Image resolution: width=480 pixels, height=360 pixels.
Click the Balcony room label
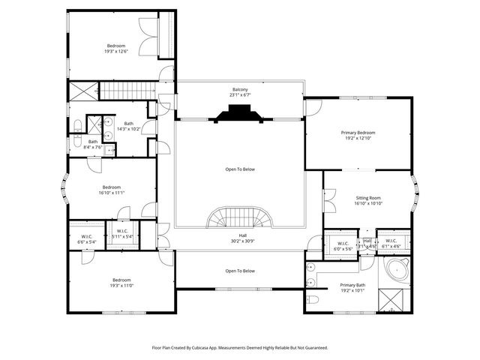point(240,92)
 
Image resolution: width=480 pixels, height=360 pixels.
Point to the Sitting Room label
point(368,200)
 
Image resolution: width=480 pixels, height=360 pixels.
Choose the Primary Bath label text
point(352,287)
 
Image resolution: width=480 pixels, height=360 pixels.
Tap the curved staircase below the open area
point(240,218)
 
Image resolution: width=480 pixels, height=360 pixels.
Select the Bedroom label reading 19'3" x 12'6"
point(117,49)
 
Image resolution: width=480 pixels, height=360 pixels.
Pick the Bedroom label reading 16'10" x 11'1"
point(112,190)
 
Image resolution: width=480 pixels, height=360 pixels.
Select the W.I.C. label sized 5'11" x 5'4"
point(121,235)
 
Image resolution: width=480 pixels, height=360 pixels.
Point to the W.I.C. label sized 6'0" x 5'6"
point(343,246)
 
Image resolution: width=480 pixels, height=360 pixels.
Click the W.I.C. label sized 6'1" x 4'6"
point(391,244)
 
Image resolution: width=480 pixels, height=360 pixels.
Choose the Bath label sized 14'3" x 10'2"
point(129,127)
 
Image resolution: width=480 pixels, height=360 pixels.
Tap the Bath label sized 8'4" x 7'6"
point(93,144)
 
